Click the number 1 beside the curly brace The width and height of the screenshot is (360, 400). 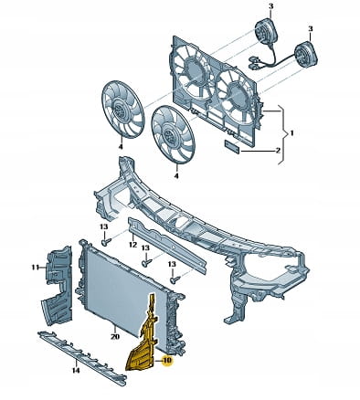click(291, 133)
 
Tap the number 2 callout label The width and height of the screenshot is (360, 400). click(278, 151)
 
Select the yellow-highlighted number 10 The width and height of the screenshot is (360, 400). click(167, 361)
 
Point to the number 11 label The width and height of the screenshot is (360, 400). click(36, 268)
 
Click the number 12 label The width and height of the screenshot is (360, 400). click(132, 244)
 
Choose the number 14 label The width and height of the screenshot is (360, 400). click(76, 371)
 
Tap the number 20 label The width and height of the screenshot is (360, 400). click(115, 337)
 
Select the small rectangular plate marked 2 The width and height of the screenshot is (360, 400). click(232, 146)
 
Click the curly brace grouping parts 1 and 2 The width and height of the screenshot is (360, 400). click(284, 134)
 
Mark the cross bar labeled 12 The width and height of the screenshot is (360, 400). click(166, 245)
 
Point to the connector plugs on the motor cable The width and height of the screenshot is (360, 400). click(253, 63)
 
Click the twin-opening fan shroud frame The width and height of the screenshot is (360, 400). click(215, 91)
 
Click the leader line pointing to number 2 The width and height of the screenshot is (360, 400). click(257, 151)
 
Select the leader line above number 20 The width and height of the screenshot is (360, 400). click(114, 329)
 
